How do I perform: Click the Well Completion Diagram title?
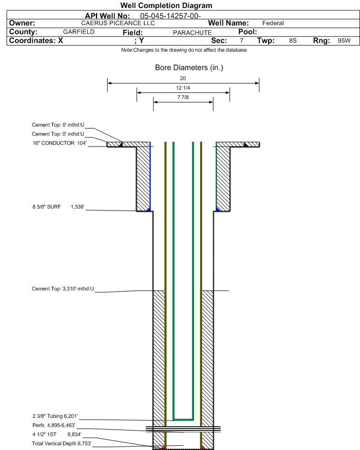166,5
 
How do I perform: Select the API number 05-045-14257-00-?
170,16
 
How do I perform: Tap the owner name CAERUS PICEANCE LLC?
118,23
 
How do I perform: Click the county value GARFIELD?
79,32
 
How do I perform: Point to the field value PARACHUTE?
193,33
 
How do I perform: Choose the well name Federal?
273,23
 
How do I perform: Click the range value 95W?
344,40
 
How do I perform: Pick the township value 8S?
293,40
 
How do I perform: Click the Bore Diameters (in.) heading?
189,68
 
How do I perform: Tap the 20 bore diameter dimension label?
183,78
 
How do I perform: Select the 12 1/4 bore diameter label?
183,88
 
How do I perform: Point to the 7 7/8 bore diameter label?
183,97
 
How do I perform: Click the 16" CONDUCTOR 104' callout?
59,143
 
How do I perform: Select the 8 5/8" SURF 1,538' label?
58,207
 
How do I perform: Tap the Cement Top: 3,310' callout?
63,289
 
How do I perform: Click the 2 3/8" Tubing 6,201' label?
55,416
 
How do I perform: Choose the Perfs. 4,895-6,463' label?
54,425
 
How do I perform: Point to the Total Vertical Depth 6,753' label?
62,443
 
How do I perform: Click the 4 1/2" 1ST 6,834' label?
57,434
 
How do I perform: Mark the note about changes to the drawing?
184,50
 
